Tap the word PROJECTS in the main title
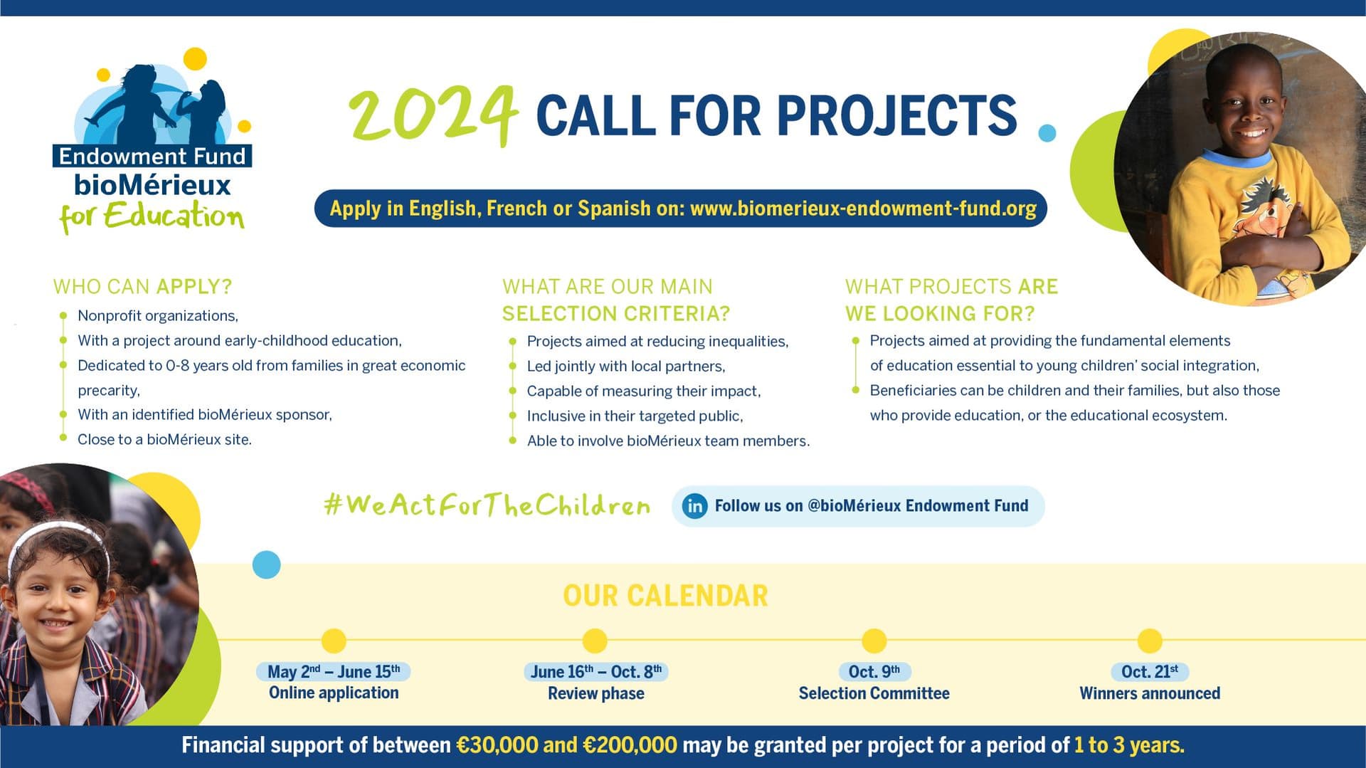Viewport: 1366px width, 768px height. tap(896, 115)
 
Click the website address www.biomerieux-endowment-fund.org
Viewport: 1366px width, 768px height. tap(863, 209)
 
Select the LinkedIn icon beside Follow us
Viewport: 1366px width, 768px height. tap(694, 506)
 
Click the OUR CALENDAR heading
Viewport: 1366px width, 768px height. tap(665, 596)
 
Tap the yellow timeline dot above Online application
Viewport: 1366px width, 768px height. tap(334, 641)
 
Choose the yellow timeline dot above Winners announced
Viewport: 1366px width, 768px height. tap(1150, 641)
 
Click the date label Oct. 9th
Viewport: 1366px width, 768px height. tap(874, 671)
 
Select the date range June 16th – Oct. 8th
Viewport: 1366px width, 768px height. tap(596, 671)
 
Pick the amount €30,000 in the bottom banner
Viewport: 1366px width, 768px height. tap(497, 745)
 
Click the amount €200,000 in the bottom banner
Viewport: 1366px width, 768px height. tap(630, 745)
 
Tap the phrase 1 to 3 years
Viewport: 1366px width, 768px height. tap(1129, 745)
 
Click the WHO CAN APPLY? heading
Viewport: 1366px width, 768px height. tap(142, 286)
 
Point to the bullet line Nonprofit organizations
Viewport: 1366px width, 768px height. tap(158, 315)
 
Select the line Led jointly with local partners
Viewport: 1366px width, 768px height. tap(626, 366)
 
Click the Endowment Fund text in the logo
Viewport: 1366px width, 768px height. tap(152, 156)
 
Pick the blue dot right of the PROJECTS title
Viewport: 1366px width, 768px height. tap(1047, 132)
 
